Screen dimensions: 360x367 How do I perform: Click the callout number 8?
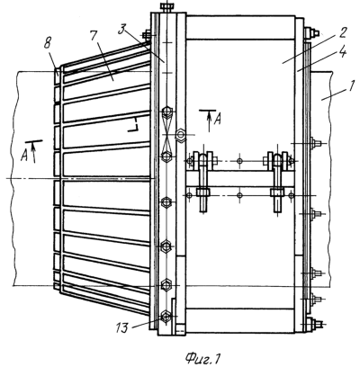point(48,44)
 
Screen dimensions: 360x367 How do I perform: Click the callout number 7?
point(94,36)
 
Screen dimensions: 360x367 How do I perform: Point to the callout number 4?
point(343,52)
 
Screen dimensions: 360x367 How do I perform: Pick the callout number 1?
point(352,85)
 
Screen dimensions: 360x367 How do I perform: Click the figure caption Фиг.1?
point(203,358)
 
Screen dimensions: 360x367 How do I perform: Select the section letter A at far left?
point(24,156)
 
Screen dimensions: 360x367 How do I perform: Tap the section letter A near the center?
point(217,120)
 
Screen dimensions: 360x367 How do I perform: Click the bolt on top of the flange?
point(166,7)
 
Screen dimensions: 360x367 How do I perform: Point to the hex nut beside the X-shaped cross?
point(181,134)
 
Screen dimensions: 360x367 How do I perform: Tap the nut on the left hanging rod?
point(202,192)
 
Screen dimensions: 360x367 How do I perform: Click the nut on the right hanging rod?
point(277,192)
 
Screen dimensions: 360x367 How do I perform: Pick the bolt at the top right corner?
point(312,32)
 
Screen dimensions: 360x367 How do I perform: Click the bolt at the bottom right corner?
point(313,324)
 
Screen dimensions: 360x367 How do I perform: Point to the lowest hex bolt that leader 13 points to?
point(166,317)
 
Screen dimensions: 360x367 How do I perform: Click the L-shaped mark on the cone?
point(133,126)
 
